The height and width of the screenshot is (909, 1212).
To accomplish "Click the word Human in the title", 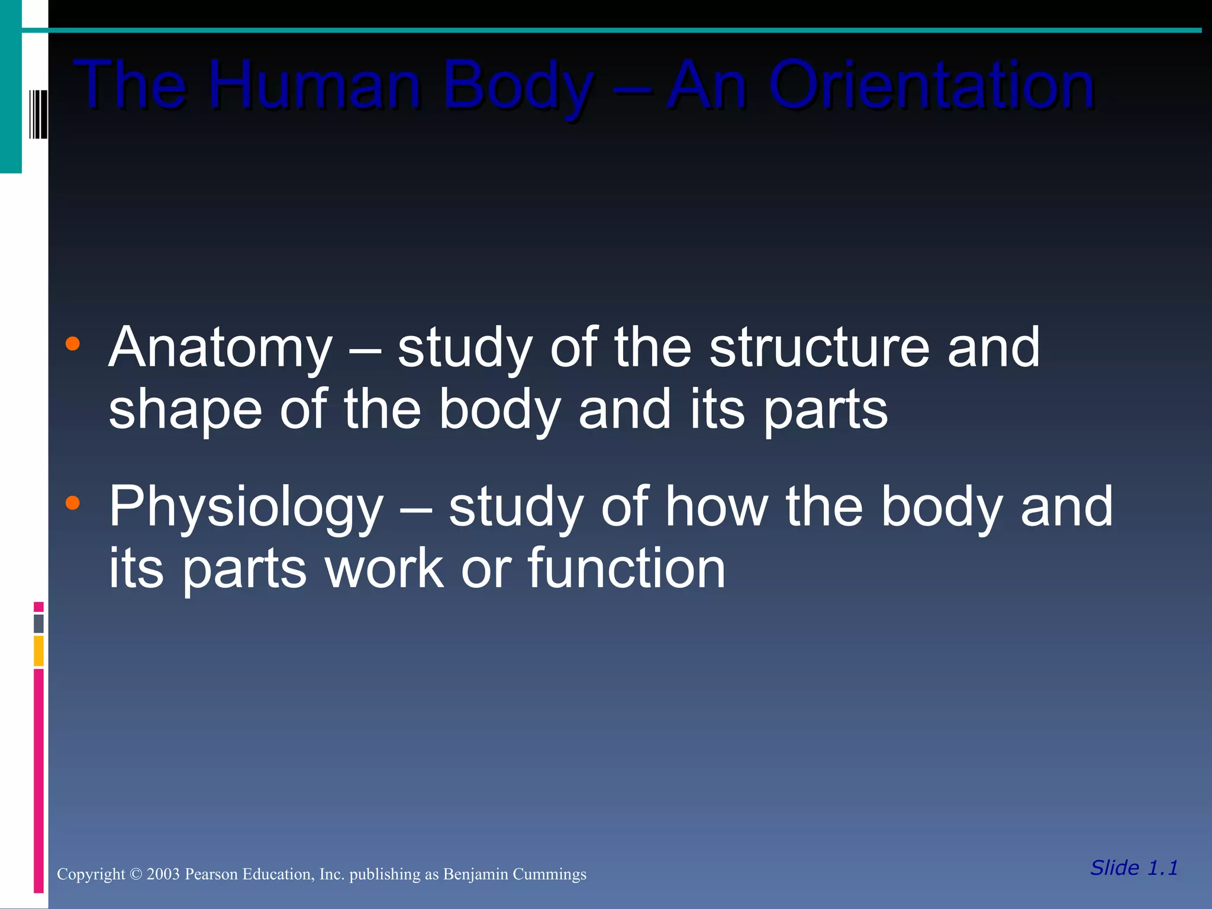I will (x=314, y=86).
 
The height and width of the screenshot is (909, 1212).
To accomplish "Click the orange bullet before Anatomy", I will (x=73, y=344).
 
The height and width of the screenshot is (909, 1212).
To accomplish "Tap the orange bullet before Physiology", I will (x=73, y=503).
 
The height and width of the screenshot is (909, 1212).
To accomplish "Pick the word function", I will (x=626, y=568).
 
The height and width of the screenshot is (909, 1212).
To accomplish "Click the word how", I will (x=716, y=507).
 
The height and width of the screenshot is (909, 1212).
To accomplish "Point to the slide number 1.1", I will (x=1162, y=868).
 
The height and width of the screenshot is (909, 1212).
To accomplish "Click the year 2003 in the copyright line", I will (x=163, y=874).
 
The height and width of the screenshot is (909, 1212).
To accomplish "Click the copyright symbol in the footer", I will (x=136, y=874).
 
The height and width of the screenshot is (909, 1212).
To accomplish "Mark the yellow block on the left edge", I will (x=38, y=650).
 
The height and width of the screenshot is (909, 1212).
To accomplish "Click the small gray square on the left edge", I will (x=38, y=623).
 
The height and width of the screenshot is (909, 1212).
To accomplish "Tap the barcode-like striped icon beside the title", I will (x=38, y=114).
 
